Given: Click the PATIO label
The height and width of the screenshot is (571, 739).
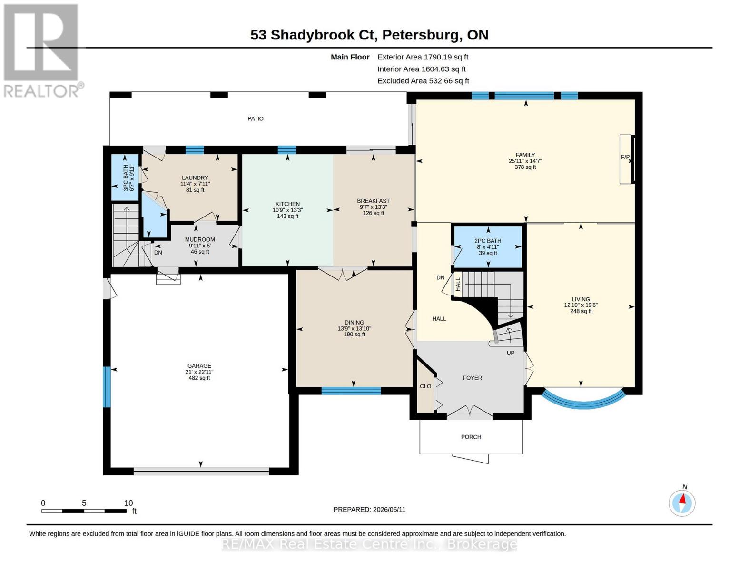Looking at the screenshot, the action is click(x=256, y=118).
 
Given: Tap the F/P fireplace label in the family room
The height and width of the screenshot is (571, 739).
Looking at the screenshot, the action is click(x=625, y=157).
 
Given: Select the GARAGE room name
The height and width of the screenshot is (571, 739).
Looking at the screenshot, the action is click(x=199, y=366).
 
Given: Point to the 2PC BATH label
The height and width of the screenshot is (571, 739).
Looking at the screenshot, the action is click(x=488, y=241).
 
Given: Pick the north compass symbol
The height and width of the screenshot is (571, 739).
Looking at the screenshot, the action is click(x=682, y=503).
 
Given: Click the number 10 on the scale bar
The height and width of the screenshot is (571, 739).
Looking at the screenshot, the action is click(x=128, y=503).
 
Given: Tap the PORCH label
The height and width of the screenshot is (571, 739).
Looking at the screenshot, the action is click(x=471, y=437).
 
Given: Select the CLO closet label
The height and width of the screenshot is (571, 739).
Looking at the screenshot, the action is click(x=425, y=386).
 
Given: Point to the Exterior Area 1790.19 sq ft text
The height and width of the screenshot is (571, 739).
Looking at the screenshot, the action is click(x=423, y=57).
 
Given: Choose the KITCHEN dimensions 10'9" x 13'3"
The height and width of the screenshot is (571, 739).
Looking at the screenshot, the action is click(x=287, y=210).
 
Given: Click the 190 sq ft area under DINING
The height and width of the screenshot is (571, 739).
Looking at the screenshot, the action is click(x=355, y=335).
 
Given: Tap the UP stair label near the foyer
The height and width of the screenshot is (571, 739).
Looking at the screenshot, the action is click(x=511, y=353).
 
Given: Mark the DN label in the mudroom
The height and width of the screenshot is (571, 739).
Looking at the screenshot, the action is click(x=158, y=253).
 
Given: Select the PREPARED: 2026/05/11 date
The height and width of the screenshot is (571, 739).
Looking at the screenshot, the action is click(x=369, y=510).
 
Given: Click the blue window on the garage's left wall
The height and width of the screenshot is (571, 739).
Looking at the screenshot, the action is click(x=107, y=387).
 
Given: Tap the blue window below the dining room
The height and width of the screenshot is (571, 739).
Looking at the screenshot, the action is click(x=351, y=391).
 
